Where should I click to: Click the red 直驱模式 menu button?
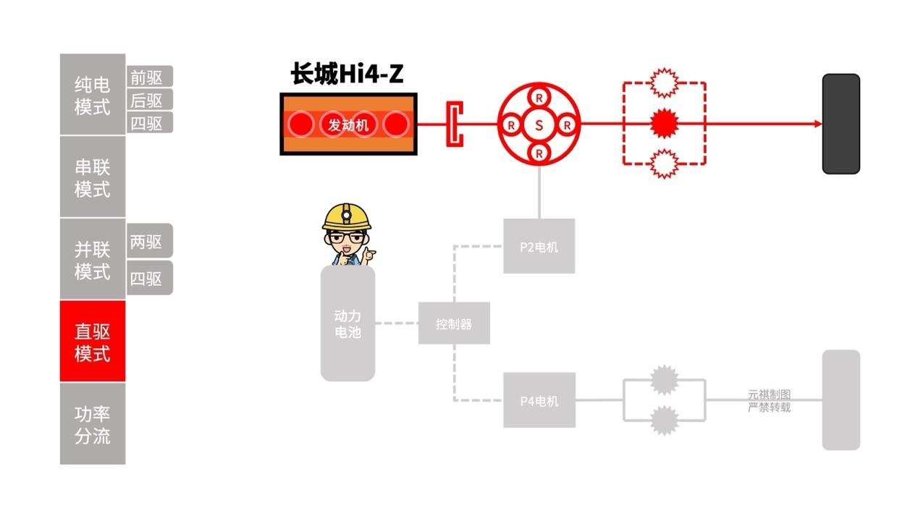pos(93,341)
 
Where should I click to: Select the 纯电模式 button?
pos(93,95)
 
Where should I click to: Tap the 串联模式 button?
pos(93,177)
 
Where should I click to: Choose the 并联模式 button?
pos(93,260)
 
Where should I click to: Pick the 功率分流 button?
pos(93,424)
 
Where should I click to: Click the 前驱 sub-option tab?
pos(150,77)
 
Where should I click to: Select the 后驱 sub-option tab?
pos(150,100)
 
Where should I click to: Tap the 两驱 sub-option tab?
pos(150,242)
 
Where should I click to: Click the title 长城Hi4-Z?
pos(347,74)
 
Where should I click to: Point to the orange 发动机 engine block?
pos(348,124)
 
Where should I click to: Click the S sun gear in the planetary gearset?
pos(539,125)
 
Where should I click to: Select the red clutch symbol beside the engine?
pos(454,124)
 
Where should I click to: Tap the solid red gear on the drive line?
pos(663,124)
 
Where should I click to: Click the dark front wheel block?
pos(841,124)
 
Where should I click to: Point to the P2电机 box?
pos(539,247)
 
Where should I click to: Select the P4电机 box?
pos(539,400)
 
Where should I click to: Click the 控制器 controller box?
pos(454,323)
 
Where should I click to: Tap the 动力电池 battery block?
pos(348,324)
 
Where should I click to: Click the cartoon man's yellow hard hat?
pos(347,216)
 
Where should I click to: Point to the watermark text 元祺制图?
pos(769,395)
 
